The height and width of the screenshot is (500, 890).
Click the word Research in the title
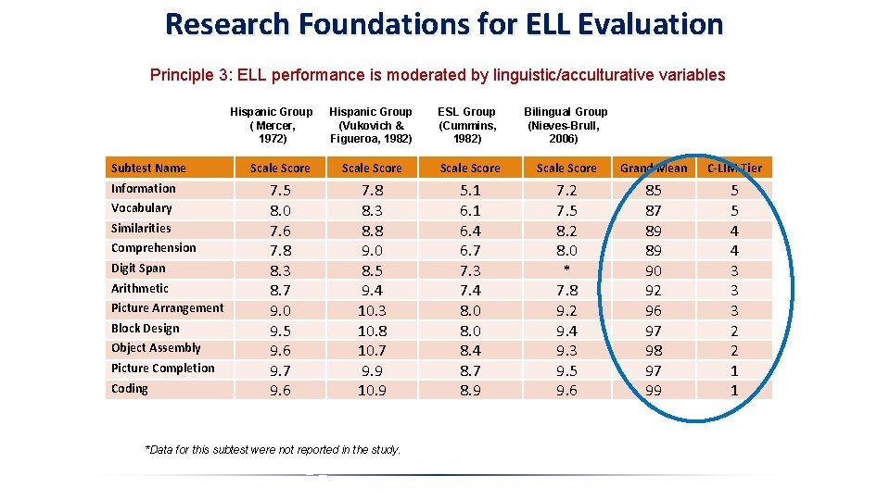point(227,24)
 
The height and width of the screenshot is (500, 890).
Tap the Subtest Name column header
point(148,168)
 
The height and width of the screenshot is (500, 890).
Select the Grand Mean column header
point(654,168)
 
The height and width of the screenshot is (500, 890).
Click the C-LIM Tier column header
point(734,168)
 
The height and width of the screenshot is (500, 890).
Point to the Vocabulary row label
point(141,208)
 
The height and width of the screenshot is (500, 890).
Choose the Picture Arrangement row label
point(168,308)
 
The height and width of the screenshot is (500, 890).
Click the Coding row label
point(130,389)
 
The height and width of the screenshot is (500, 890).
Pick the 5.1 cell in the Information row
point(470,191)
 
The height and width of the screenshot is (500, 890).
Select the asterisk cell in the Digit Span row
point(566,269)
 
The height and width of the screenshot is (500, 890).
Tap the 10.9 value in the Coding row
point(372,391)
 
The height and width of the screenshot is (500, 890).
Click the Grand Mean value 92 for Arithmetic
point(654,291)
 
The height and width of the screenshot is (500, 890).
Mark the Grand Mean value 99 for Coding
point(654,391)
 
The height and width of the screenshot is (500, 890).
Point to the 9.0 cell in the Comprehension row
point(372,251)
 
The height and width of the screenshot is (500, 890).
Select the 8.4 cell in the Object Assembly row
point(470,351)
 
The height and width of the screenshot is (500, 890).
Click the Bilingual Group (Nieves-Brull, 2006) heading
point(566,125)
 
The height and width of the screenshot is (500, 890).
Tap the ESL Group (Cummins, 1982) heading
point(467,125)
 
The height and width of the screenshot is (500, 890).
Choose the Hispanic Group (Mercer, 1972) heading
point(272,125)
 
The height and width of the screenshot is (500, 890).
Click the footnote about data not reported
point(273,450)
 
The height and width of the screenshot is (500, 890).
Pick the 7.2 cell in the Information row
point(566,191)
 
